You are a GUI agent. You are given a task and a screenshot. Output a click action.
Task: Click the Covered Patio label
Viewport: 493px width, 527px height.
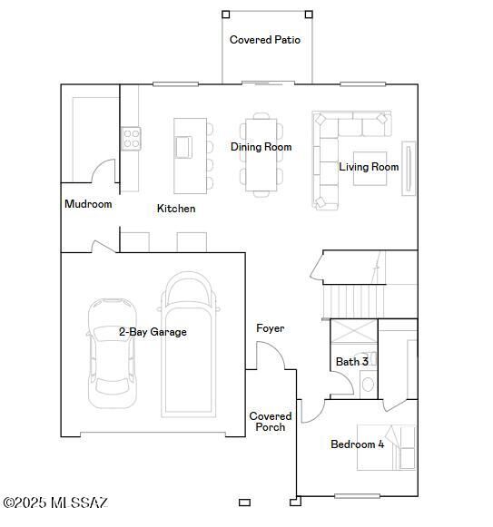click(265, 40)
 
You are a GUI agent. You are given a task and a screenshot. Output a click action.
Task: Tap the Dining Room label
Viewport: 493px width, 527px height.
click(261, 147)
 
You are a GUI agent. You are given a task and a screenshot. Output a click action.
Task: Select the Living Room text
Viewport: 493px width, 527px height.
click(369, 167)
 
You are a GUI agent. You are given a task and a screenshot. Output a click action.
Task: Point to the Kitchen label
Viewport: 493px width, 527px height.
click(176, 209)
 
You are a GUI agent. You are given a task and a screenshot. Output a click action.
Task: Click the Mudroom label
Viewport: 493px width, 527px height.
click(88, 204)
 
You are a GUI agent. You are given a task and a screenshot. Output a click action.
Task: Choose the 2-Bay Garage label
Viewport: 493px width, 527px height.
click(153, 332)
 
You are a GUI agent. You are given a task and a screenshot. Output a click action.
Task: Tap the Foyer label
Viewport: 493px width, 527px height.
click(271, 328)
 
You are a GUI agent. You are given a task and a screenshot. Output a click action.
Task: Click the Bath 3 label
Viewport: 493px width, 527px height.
click(352, 362)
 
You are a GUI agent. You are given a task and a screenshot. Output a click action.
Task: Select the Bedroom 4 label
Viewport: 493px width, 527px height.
click(357, 444)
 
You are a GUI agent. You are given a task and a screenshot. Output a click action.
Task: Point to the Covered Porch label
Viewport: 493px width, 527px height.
click(271, 422)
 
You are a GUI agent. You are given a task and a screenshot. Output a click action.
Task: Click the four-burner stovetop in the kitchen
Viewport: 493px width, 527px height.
click(132, 139)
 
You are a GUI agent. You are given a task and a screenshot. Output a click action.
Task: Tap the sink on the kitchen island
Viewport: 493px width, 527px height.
click(184, 146)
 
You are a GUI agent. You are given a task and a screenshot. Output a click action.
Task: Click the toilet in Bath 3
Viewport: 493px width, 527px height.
click(368, 385)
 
